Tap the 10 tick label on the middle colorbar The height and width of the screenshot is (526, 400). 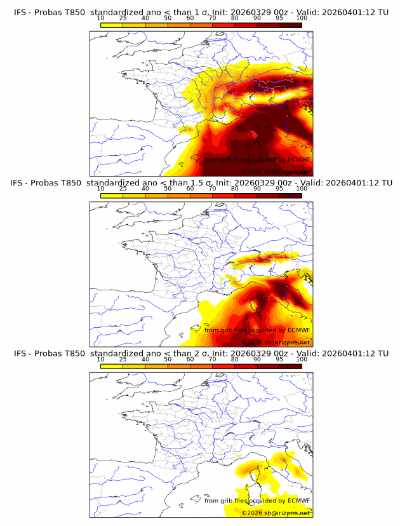coord(101,189)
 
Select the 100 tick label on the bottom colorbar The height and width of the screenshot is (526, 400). coord(302,359)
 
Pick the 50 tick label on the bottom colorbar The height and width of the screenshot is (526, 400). coord(168,359)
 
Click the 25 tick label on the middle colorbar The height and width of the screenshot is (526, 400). coord(123,189)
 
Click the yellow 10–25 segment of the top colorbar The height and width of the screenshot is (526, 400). coord(112,24)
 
